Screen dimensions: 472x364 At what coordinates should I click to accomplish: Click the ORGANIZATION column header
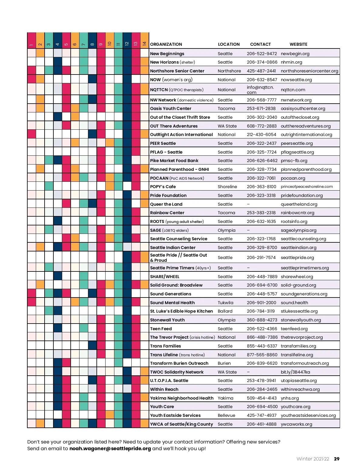pyautogui.click(x=166, y=44)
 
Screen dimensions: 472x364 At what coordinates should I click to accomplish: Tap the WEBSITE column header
pyautogui.click(x=298, y=44)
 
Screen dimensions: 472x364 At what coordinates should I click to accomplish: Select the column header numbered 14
pyautogui.click(x=144, y=44)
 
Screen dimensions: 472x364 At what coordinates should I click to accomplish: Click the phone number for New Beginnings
pyautogui.click(x=261, y=54)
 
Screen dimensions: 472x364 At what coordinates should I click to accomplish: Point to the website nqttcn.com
pyautogui.click(x=293, y=90)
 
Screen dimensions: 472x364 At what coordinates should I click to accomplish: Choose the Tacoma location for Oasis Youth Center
pyautogui.click(x=226, y=108)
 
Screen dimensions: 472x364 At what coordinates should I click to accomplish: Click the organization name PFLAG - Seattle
pyautogui.click(x=166, y=152)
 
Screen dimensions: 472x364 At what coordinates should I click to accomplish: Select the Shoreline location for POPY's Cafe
pyautogui.click(x=227, y=187)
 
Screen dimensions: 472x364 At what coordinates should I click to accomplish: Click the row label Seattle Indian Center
pyautogui.click(x=173, y=248)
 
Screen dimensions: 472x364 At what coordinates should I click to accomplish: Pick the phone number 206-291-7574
pyautogui.click(x=261, y=258)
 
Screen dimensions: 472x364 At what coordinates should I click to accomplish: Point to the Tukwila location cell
pyautogui.click(x=225, y=303)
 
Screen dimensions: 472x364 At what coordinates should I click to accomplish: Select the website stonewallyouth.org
pyautogui.click(x=301, y=320)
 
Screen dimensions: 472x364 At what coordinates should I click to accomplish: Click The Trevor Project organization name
pyautogui.click(x=169, y=337)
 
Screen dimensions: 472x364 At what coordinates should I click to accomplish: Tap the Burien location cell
pyautogui.click(x=224, y=363)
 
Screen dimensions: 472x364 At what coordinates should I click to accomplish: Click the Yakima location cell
pyautogui.click(x=225, y=398)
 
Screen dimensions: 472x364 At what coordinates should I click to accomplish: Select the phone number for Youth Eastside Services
pyautogui.click(x=261, y=415)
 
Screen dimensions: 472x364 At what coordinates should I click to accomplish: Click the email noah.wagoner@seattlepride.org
pyautogui.click(x=110, y=448)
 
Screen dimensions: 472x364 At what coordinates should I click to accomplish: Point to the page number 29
pyautogui.click(x=336, y=459)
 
